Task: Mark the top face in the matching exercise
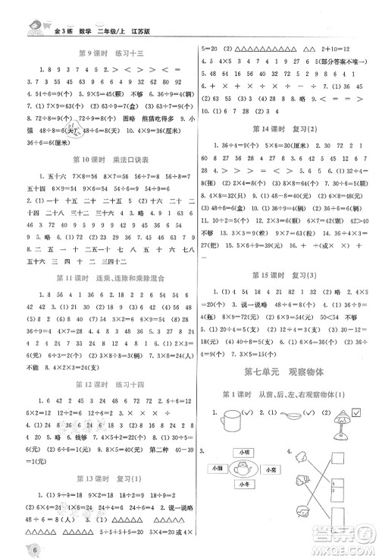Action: [x=302, y=456]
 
